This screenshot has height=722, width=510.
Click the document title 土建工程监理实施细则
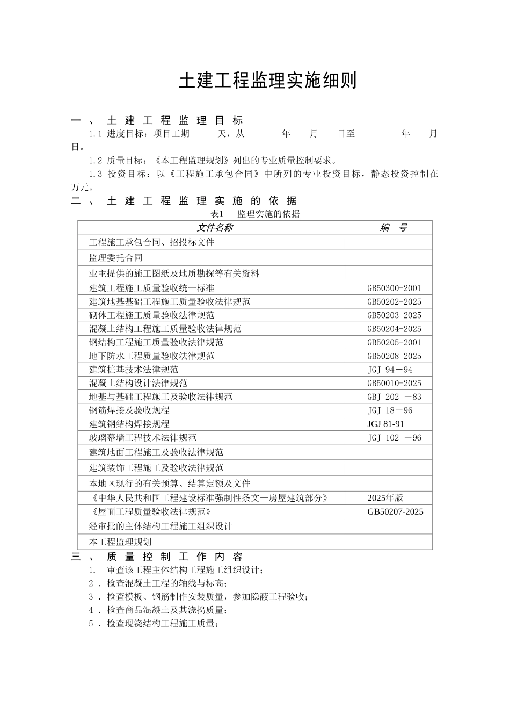pyautogui.click(x=267, y=81)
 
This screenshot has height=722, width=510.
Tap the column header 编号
pyautogui.click(x=394, y=228)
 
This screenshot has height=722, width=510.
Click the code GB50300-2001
pyautogui.click(x=394, y=288)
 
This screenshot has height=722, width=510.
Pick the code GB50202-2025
pyautogui.click(x=394, y=302)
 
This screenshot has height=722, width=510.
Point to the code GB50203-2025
pyautogui.click(x=394, y=315)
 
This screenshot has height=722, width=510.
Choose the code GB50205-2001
pyautogui.click(x=394, y=342)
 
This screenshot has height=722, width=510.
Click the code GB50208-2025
pyautogui.click(x=394, y=356)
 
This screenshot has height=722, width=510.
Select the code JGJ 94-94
pyautogui.click(x=390, y=370)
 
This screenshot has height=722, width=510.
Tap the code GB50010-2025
pyautogui.click(x=394, y=383)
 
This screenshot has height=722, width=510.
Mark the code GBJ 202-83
pyautogui.click(x=394, y=397)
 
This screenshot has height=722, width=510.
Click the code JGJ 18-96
pyautogui.click(x=390, y=410)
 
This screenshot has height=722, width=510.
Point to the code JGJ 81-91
pyautogui.click(x=385, y=424)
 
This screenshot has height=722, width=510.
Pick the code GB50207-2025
pyautogui.click(x=395, y=511)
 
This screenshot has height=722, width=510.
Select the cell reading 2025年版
pyautogui.click(x=385, y=498)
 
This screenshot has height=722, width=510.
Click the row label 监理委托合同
pyautogui.click(x=115, y=258)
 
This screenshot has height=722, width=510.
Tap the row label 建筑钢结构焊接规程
pyautogui.click(x=129, y=424)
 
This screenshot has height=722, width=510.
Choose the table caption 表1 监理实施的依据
pyautogui.click(x=255, y=214)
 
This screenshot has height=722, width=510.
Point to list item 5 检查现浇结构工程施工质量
pyautogui.click(x=161, y=624)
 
